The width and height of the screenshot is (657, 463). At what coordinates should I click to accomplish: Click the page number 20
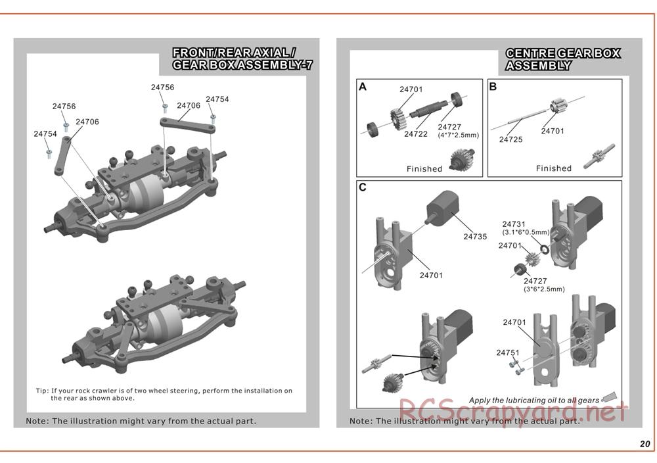pyautogui.click(x=645, y=444)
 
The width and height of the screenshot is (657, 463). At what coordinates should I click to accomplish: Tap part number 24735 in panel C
pyautogui.click(x=475, y=237)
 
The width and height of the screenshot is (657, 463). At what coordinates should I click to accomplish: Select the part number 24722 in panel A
pyautogui.click(x=416, y=134)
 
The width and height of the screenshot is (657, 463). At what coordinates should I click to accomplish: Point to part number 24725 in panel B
pyautogui.click(x=511, y=139)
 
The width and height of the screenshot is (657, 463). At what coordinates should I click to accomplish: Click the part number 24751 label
pyautogui.click(x=508, y=353)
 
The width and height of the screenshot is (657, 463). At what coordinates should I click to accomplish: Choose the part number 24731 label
pyautogui.click(x=514, y=224)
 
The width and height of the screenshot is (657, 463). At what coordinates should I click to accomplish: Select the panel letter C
pyautogui.click(x=363, y=187)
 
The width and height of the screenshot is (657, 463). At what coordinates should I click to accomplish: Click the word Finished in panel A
pyautogui.click(x=424, y=169)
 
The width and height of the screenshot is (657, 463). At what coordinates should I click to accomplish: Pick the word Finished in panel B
pyautogui.click(x=554, y=168)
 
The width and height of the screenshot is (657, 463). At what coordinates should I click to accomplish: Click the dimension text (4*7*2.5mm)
pyautogui.click(x=458, y=135)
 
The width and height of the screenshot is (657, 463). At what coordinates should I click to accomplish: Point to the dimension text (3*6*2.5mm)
pyautogui.click(x=544, y=289)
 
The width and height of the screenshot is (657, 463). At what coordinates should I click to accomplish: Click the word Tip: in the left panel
pyautogui.click(x=41, y=391)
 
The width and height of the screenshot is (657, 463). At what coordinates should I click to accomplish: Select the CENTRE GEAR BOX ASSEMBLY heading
pyautogui.click(x=562, y=59)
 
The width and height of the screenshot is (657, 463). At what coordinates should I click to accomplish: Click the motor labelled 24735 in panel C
pyautogui.click(x=443, y=208)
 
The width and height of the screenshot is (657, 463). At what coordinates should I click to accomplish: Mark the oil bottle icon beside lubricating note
pyautogui.click(x=611, y=398)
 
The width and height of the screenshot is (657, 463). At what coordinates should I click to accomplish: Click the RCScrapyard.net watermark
pyautogui.click(x=512, y=413)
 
